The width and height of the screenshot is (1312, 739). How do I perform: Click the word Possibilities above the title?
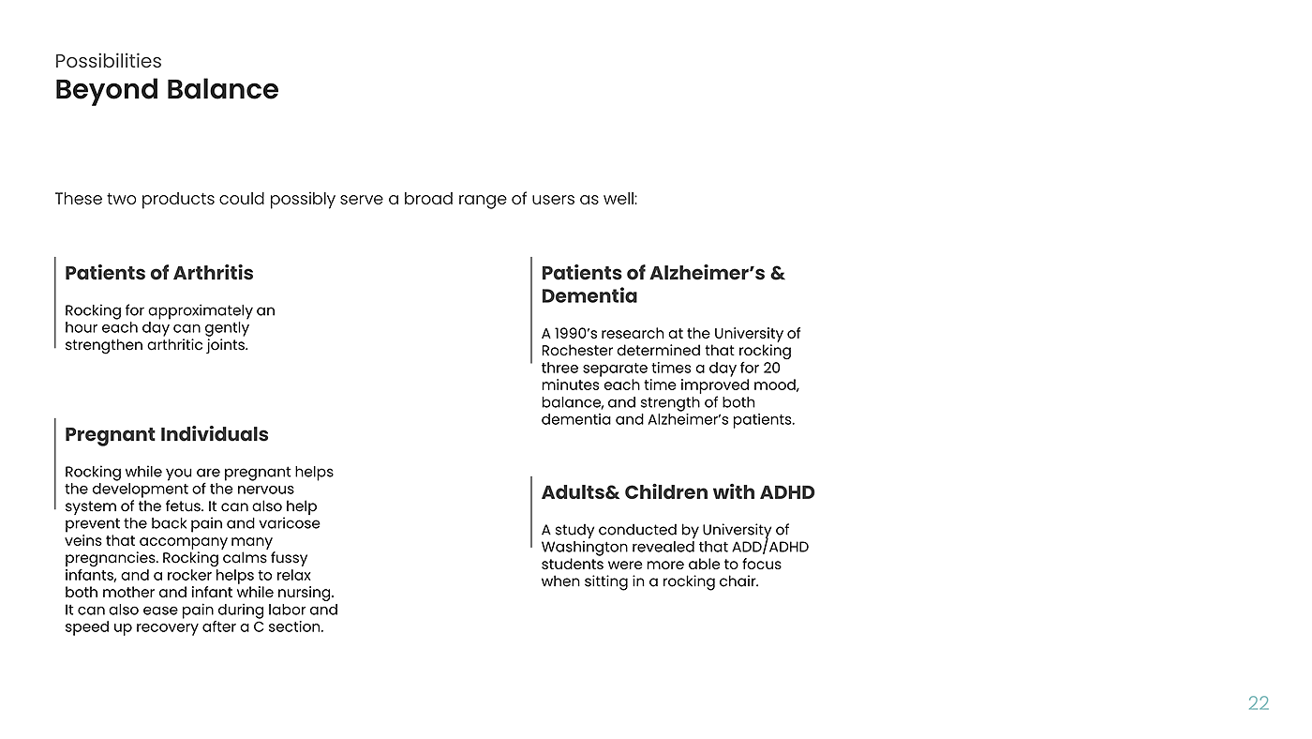tap(108, 61)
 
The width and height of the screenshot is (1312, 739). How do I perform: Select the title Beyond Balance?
tap(167, 90)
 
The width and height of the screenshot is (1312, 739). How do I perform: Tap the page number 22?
tap(1259, 703)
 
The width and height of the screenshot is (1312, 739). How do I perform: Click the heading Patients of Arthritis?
tap(159, 273)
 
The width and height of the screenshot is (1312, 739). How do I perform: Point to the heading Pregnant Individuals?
tap(167, 434)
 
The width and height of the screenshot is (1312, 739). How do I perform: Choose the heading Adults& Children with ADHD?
tap(678, 492)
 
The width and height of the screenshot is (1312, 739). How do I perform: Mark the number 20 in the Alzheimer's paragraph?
tap(771, 368)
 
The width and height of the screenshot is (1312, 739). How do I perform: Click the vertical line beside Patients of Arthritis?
tap(55, 302)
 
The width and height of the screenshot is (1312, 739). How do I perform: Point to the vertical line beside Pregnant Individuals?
tap(55, 463)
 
